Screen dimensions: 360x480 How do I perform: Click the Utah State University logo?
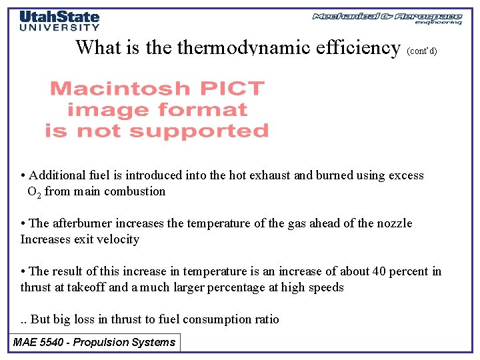coord(59,20)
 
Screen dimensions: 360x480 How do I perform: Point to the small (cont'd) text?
coord(421,51)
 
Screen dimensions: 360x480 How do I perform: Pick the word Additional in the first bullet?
coord(58,175)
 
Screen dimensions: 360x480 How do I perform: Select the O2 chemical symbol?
coord(33,192)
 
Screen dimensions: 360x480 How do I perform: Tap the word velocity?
coord(119,239)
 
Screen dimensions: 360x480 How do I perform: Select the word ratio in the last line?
coord(265,319)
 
